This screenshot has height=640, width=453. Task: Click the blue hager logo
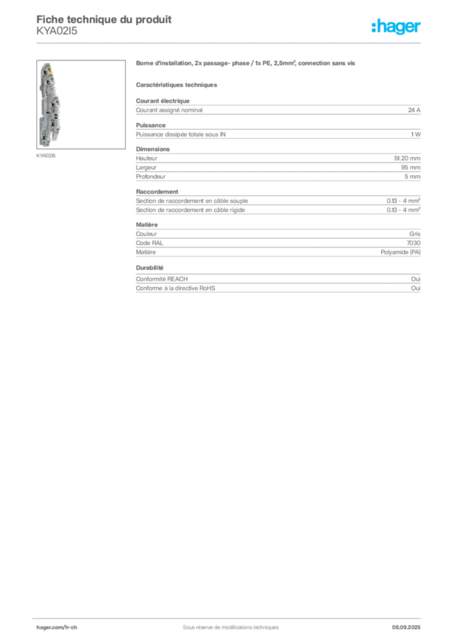click(397, 27)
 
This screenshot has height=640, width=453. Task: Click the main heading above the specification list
click(247, 64)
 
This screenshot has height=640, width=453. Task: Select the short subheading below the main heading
click(178, 84)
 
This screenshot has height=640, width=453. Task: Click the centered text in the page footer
click(225, 624)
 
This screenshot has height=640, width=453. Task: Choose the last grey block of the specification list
click(278, 281)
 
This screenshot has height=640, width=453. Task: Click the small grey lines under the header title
click(58, 34)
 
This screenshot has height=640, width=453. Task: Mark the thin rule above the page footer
click(230, 617)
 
